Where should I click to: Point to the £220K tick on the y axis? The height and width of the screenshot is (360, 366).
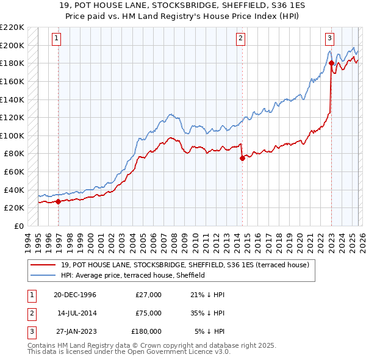(12, 27)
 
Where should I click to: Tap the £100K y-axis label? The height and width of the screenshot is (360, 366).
(12, 135)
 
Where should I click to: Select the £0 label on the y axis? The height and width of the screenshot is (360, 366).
(19, 226)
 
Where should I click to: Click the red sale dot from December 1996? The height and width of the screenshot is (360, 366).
(59, 201)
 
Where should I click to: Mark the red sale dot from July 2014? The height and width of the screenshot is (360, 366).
(242, 158)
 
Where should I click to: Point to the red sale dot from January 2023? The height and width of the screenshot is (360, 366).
(331, 63)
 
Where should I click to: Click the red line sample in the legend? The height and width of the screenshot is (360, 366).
(42, 265)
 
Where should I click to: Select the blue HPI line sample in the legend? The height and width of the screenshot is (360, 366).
(42, 275)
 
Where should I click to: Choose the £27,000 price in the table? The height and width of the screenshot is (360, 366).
(149, 295)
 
